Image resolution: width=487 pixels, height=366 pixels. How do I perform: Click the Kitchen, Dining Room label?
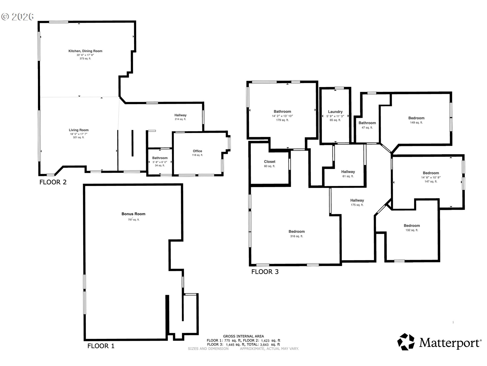(x=85, y=51)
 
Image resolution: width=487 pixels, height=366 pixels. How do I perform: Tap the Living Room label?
(x=79, y=130)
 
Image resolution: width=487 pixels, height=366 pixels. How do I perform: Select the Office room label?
(x=197, y=151)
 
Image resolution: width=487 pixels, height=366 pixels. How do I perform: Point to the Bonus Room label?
(x=133, y=214)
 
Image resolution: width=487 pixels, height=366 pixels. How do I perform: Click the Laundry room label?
(x=335, y=112)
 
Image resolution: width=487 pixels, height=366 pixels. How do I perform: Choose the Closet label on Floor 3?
(x=270, y=162)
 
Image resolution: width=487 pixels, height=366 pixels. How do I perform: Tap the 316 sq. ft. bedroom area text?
(x=297, y=236)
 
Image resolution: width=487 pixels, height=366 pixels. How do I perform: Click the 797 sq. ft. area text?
(x=133, y=220)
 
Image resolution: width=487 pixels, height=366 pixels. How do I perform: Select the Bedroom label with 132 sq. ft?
(x=412, y=226)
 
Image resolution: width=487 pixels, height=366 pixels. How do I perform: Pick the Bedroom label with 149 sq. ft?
(x=416, y=118)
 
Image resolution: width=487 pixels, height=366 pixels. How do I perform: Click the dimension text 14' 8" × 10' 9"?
(x=431, y=178)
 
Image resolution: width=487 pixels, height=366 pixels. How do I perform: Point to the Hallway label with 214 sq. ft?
(x=180, y=115)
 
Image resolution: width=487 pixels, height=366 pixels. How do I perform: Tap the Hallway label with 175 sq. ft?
(x=357, y=201)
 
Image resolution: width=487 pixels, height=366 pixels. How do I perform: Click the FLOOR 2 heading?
(x=53, y=182)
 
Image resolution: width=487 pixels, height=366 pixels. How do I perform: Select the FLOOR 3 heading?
(x=265, y=272)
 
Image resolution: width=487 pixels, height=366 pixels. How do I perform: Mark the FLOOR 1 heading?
(x=101, y=346)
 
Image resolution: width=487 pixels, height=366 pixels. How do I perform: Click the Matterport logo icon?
(x=406, y=342)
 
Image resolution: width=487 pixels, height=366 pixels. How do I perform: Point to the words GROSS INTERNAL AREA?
(x=243, y=336)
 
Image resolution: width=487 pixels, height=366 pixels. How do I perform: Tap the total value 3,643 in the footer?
(x=264, y=345)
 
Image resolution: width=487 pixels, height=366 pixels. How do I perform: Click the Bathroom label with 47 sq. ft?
(x=367, y=123)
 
